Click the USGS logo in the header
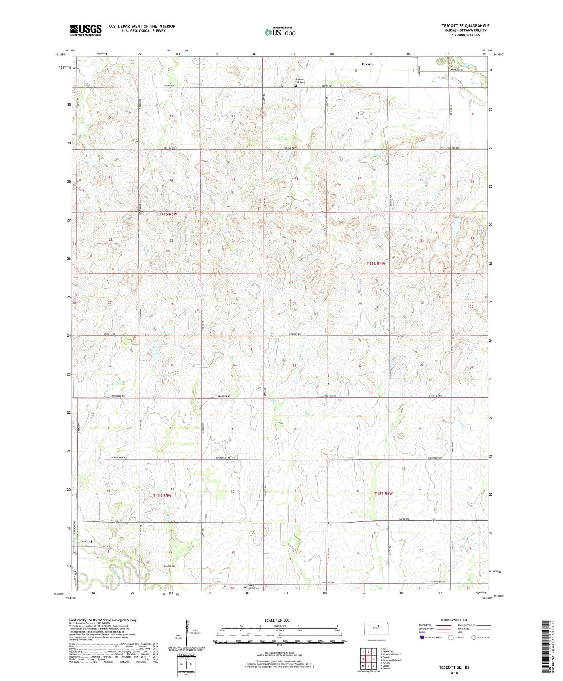click(86, 30)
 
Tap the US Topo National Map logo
click(280, 32)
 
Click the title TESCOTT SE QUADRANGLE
click(465, 26)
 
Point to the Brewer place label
click(367, 64)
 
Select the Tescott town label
click(86, 541)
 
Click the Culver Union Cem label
click(253, 588)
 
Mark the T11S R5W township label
click(168, 214)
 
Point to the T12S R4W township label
click(383, 493)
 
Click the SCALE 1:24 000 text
click(277, 620)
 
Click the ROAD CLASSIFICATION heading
click(454, 620)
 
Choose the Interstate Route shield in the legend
click(422, 637)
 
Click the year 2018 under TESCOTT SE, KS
click(454, 673)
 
